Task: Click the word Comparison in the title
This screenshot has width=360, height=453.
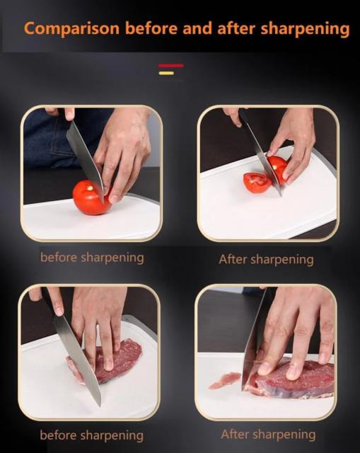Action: (x=71, y=29)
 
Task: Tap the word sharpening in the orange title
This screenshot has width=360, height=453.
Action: (x=305, y=29)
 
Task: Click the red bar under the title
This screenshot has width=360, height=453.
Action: (x=171, y=66)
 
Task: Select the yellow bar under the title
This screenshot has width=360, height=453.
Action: (x=166, y=73)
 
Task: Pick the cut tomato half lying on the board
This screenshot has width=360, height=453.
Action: (x=257, y=183)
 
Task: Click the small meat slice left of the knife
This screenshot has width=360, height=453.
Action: (x=225, y=379)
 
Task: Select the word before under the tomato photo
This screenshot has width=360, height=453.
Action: (x=59, y=257)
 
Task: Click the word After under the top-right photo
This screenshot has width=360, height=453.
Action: (x=233, y=259)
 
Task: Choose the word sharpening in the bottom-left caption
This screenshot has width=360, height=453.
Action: (x=112, y=436)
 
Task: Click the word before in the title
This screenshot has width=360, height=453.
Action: (x=151, y=28)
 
